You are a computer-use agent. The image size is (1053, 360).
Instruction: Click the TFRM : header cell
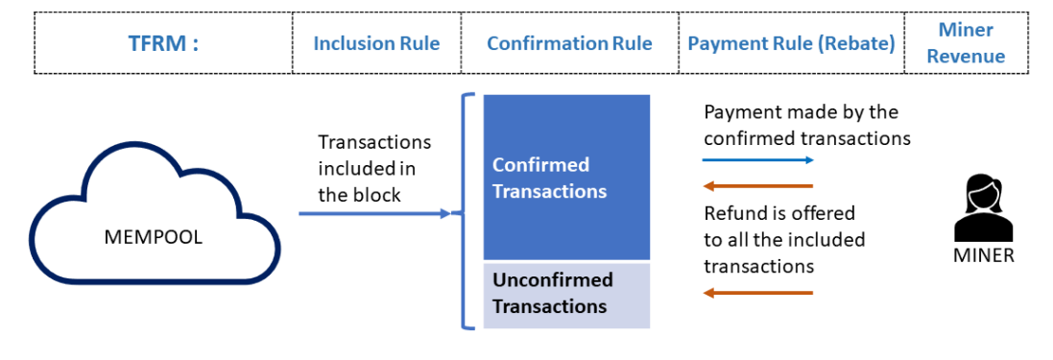pyautogui.click(x=163, y=43)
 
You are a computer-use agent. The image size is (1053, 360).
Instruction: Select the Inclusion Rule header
pyautogui.click(x=376, y=43)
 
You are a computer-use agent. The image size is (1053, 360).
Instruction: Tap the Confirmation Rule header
pyautogui.click(x=569, y=43)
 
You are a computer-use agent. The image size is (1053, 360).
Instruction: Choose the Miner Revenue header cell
pyautogui.click(x=966, y=43)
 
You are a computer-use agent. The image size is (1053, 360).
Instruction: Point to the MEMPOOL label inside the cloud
pyautogui.click(x=154, y=236)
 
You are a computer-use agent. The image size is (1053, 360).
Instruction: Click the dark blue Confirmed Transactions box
pyautogui.click(x=566, y=178)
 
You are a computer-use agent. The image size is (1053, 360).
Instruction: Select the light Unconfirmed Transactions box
pyautogui.click(x=566, y=294)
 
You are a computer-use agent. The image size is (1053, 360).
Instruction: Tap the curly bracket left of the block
pyautogui.click(x=467, y=212)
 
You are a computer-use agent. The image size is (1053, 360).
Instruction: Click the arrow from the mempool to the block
pyautogui.click(x=374, y=214)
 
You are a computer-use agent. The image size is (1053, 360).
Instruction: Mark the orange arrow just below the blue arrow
pyautogui.click(x=758, y=185)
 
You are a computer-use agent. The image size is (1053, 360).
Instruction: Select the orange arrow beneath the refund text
pyautogui.click(x=758, y=292)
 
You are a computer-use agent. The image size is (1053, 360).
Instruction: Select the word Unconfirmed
pyautogui.click(x=552, y=280)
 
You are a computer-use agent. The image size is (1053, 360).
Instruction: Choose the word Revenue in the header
pyautogui.click(x=966, y=56)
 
